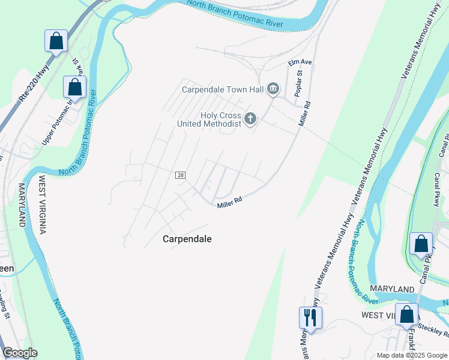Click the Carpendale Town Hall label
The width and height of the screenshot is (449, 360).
(x=223, y=90)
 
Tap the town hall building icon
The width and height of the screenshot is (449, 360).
(x=274, y=90)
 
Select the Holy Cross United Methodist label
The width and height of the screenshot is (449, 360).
(x=209, y=119)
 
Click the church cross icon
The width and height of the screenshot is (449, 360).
(x=250, y=119)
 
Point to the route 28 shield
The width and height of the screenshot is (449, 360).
(x=181, y=175)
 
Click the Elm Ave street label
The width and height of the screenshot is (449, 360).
(x=300, y=62)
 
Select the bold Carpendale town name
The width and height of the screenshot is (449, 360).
(x=187, y=239)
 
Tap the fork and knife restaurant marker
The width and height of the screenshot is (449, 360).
(x=310, y=316)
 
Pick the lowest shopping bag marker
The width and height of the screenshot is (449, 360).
(x=406, y=314)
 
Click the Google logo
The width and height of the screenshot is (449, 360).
(x=20, y=353)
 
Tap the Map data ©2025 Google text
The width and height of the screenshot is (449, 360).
(x=412, y=355)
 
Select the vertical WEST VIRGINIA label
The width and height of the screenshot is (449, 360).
(x=42, y=205)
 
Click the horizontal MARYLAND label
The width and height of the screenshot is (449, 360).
(x=392, y=289)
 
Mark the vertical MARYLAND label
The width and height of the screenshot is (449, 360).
(x=22, y=205)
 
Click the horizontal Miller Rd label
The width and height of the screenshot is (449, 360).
(x=229, y=203)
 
